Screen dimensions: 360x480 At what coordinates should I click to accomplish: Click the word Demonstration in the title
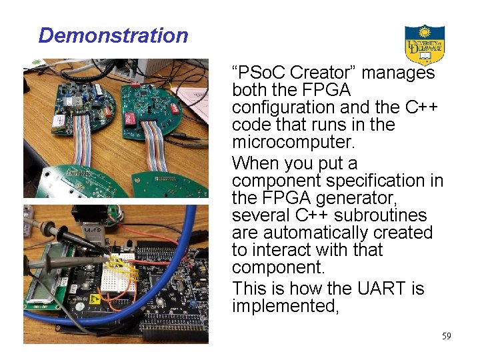pos(113,35)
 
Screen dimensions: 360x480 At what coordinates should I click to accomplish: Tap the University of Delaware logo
pos(424,44)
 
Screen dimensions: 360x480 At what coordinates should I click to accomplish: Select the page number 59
pos(446,336)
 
